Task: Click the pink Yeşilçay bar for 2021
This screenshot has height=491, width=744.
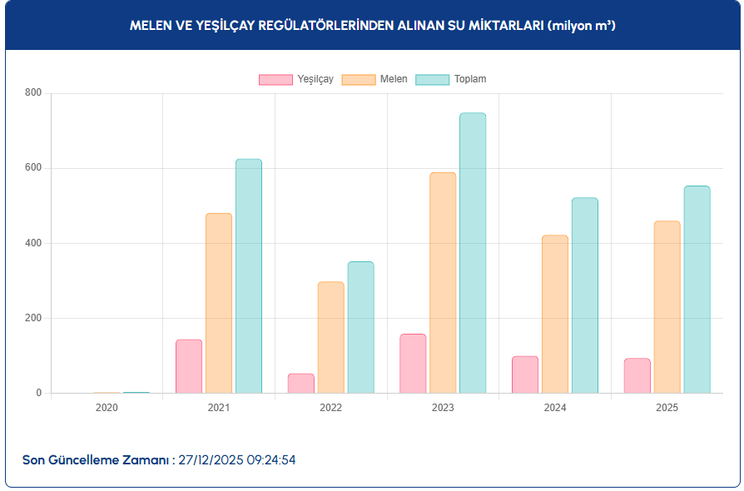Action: tap(189, 366)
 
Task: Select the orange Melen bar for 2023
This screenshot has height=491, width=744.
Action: tap(443, 283)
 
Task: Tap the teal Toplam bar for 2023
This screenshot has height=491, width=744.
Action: tap(473, 253)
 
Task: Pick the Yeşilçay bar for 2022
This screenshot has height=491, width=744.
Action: tap(301, 384)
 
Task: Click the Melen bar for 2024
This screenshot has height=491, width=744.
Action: tap(555, 314)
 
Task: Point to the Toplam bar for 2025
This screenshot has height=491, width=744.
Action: tap(697, 290)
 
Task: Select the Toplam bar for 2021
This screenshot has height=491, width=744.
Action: tap(249, 276)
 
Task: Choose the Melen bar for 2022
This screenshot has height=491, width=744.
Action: tap(330, 337)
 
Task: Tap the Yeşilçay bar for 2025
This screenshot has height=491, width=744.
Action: tap(637, 375)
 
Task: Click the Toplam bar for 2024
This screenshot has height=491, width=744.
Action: tap(585, 295)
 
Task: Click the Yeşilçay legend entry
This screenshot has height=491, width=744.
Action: tap(296, 79)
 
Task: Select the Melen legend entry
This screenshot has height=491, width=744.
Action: tap(374, 79)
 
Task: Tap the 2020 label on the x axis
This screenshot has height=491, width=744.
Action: tap(107, 408)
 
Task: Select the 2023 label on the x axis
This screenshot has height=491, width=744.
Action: tap(443, 408)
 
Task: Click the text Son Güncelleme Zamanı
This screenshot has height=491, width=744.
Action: tap(97, 459)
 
